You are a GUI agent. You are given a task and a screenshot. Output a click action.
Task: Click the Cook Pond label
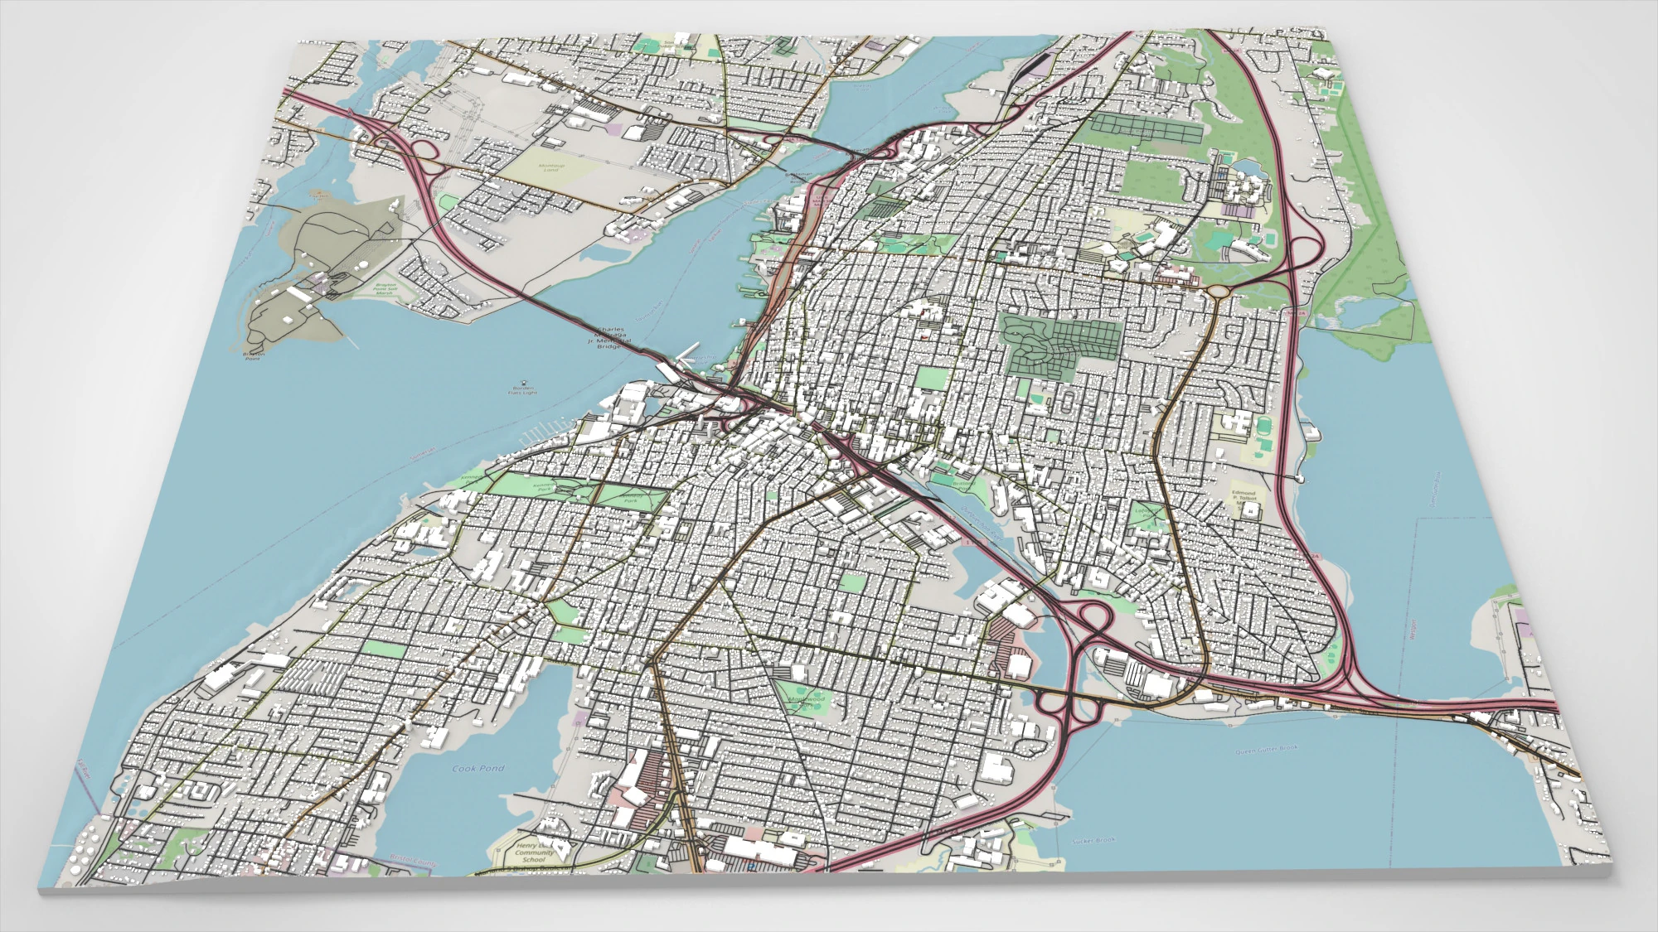tap(478, 769)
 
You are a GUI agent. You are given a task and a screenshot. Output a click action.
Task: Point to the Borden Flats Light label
tap(523, 389)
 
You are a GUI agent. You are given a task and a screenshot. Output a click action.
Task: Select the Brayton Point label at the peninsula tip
tap(253, 355)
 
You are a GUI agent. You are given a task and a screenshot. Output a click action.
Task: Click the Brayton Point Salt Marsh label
tap(385, 288)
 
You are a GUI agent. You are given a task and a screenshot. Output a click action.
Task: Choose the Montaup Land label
tap(551, 167)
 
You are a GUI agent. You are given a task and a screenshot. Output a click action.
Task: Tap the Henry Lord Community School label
tap(534, 853)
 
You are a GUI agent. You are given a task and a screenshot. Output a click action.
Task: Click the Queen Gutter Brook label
tap(1267, 750)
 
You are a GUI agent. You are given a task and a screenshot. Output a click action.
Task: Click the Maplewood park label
tap(806, 699)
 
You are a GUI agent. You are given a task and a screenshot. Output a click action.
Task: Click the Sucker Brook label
tap(1093, 841)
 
